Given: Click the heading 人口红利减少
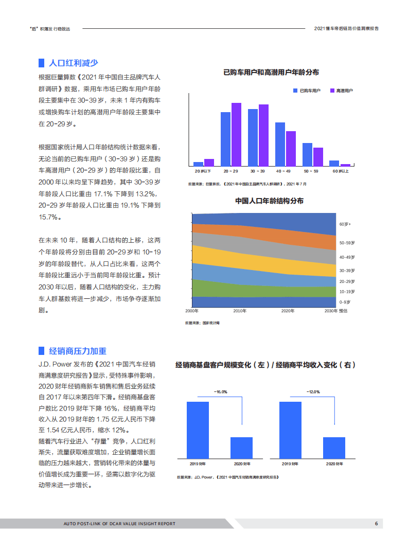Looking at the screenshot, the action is coord(73,63).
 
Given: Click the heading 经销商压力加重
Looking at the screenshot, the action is coord(77,351).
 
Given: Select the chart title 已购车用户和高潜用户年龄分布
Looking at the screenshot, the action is coord(271,73).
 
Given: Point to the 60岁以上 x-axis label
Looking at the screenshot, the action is coord(341,171).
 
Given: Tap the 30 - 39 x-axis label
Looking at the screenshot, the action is coord(258,171).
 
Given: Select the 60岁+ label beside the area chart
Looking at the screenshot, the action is coord(345,225).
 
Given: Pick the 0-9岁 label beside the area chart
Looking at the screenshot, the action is coord(345,302).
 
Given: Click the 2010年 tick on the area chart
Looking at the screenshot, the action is coord(240,311).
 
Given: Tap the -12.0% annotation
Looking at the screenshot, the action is coord(313,392).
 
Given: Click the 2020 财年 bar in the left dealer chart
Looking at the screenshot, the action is coord(241,448).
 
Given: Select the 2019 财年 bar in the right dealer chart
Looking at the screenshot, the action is coord(290,430).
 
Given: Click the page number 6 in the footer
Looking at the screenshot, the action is coord(376,524).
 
